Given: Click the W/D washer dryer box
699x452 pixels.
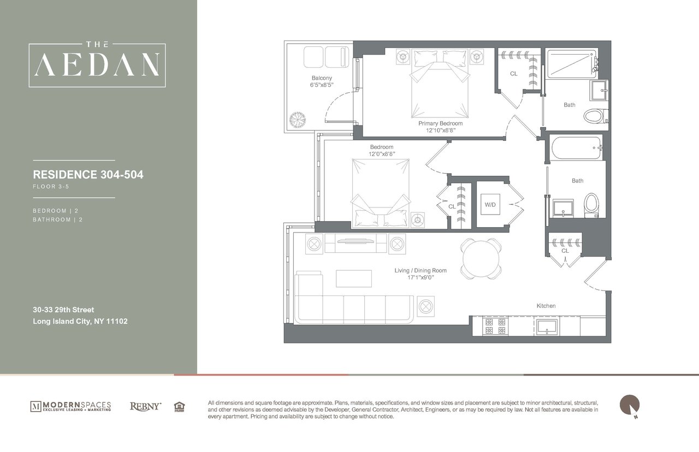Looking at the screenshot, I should (x=489, y=204).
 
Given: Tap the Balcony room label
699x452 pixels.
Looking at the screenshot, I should (x=322, y=78).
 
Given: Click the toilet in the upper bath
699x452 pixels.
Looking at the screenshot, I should (x=593, y=116).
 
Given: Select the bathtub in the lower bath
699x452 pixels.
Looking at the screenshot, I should (x=576, y=147).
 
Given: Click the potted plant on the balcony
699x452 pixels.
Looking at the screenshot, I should (x=299, y=120).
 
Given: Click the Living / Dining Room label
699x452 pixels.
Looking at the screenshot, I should (x=420, y=270).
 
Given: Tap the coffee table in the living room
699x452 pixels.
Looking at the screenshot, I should (x=353, y=278).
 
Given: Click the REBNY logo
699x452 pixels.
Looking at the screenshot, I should (x=145, y=406).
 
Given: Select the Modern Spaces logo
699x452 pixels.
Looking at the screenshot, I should (x=70, y=406).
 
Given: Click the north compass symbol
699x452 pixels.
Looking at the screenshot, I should (x=629, y=405).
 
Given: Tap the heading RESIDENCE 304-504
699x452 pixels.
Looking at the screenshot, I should (x=88, y=175).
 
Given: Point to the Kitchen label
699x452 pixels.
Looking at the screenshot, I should (x=546, y=306).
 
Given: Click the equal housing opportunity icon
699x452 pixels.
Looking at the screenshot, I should (x=179, y=406).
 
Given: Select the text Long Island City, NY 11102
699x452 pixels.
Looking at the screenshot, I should (x=80, y=322).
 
